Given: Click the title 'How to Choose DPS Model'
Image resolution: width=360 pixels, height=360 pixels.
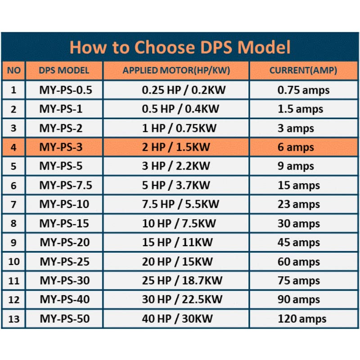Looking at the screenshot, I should point(180,47).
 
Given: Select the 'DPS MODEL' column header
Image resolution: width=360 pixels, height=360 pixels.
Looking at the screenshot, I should point(64,71).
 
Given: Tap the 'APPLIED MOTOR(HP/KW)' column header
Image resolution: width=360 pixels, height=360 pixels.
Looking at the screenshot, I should point(176,71).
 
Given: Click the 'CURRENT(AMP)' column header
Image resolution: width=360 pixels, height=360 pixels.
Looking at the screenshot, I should point(303,71).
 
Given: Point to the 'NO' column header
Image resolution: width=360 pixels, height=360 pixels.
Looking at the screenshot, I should point(14,71).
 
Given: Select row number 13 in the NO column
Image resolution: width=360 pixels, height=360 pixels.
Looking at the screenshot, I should point(14,319).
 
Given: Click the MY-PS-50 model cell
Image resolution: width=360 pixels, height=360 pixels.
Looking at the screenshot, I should point(64,319).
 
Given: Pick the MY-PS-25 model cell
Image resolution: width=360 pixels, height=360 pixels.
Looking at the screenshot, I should point(64,262).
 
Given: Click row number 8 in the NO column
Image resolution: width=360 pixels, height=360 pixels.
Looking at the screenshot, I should point(14,224).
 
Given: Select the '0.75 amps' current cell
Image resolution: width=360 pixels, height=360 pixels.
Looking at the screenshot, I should point(303,90).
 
